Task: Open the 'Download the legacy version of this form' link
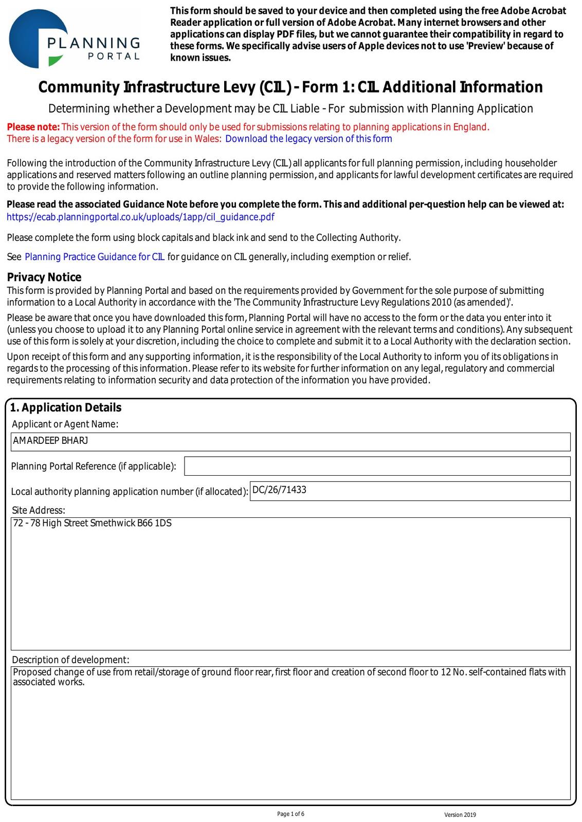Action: coord(308,139)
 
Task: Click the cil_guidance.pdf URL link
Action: coord(140,217)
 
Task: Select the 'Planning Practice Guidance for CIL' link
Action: coord(95,257)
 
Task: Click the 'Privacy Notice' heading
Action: coord(44,277)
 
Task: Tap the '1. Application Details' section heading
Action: coord(66,407)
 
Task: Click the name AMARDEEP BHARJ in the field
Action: coord(50,441)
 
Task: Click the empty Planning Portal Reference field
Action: coord(377,466)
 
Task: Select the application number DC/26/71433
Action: coord(279,490)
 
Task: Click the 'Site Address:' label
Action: coord(39,510)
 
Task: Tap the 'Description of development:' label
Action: coord(70,660)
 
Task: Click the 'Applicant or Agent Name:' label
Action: coord(65,424)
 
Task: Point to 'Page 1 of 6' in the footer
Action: coord(290,814)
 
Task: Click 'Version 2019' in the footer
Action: coord(460,815)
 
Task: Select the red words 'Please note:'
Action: coord(33,127)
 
